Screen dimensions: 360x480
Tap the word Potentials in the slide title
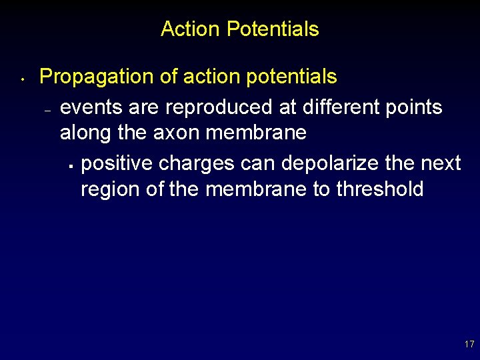(273, 29)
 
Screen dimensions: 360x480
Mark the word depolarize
(329, 163)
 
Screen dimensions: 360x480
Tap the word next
(439, 163)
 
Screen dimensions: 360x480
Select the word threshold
(379, 189)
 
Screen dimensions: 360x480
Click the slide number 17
(469, 345)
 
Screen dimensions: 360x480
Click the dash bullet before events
(47, 111)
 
